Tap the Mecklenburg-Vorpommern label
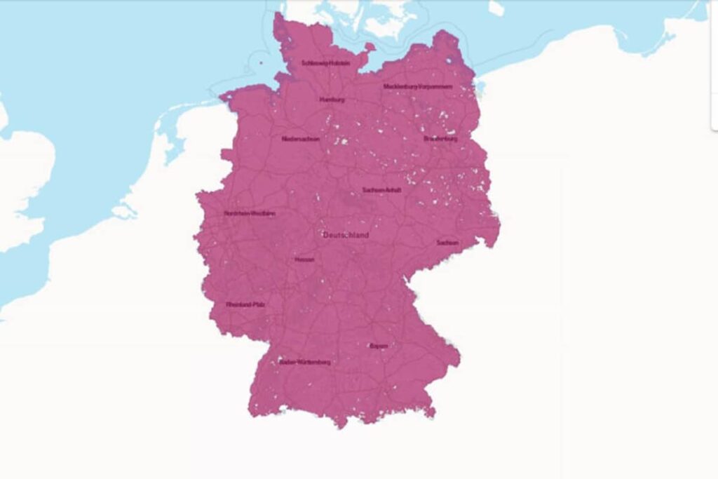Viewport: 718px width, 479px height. coord(418,87)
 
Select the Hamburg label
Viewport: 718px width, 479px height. coord(332,100)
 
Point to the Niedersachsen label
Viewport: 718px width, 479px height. coord(301,139)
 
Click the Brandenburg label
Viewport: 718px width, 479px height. coord(440,139)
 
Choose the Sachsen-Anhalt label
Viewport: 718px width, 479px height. coord(382,190)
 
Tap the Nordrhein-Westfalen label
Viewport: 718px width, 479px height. coord(250,213)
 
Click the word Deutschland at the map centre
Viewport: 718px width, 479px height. coord(346,236)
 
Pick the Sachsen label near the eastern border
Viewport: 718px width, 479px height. coord(447,243)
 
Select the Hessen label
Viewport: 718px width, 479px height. coord(304,259)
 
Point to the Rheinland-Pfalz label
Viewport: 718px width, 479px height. coord(245,305)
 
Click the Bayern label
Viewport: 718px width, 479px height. coord(378,346)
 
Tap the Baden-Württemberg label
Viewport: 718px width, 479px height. coord(305,363)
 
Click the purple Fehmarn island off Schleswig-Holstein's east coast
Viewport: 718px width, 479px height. coord(369,47)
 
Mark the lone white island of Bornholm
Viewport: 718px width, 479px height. coord(496,8)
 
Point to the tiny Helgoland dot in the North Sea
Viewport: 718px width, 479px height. coord(260,62)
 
